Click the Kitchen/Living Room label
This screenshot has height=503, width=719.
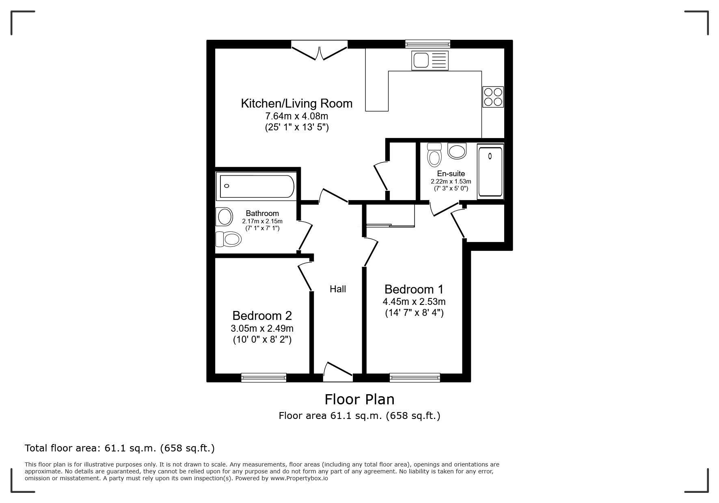(x=296, y=104)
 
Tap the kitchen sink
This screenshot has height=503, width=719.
(x=430, y=60)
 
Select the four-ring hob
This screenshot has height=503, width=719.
(x=493, y=97)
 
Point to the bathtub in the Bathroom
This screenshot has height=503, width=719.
(x=256, y=186)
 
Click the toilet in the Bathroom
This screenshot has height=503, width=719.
(x=228, y=239)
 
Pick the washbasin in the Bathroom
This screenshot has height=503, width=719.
(x=224, y=216)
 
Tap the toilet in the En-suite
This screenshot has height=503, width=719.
(x=434, y=155)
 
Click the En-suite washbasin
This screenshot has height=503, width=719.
(x=457, y=151)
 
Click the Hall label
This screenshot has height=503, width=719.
(x=338, y=289)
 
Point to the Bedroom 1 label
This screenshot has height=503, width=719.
(x=414, y=289)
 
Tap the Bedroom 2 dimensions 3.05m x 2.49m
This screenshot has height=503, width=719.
(x=262, y=328)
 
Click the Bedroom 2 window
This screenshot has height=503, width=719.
(x=263, y=378)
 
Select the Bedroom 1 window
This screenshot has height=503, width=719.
(x=415, y=378)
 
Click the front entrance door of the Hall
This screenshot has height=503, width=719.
(x=338, y=372)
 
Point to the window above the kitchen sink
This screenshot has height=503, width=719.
(x=428, y=44)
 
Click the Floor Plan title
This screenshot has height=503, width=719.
(x=359, y=399)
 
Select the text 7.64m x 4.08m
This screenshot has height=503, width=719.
(x=296, y=116)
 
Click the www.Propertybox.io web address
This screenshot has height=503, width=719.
(x=299, y=478)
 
